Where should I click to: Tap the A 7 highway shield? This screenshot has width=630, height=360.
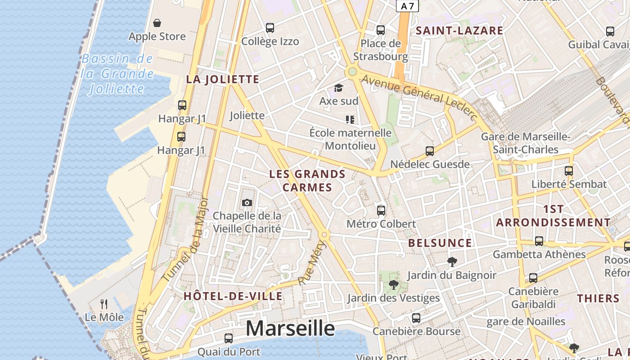pos(408,6)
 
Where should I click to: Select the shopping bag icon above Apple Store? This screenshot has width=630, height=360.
pos(157,23)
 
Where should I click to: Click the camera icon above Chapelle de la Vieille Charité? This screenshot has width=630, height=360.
pos(247,202)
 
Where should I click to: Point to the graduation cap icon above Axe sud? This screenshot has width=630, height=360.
pos(338,88)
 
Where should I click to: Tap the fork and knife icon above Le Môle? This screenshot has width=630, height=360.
pos(104,304)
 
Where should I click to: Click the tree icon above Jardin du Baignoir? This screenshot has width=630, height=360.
pos(452,261)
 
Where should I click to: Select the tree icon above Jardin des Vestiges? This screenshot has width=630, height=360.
pos(393,284)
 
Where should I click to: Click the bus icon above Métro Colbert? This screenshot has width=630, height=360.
pos(381,210)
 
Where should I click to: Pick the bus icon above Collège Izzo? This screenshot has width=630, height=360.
pos(270,28)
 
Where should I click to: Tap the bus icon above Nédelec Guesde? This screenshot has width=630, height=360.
pos(430,151)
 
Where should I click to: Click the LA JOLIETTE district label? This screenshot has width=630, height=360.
pos(223,80)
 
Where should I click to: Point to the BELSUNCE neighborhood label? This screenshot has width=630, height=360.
pos(440,243)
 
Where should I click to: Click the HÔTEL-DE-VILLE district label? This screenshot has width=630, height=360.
pos(233,296)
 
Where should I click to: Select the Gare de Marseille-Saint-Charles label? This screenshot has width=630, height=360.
pos(526,143)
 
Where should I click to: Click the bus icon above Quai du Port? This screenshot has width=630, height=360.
pos(229,338)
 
